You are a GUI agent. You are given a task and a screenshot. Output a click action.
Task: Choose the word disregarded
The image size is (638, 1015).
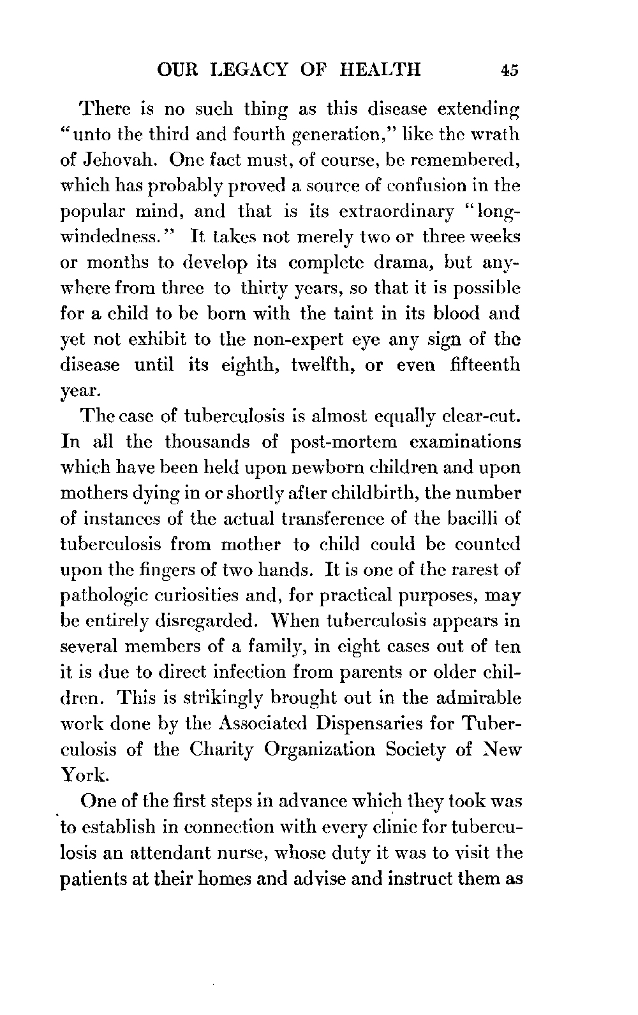205,622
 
